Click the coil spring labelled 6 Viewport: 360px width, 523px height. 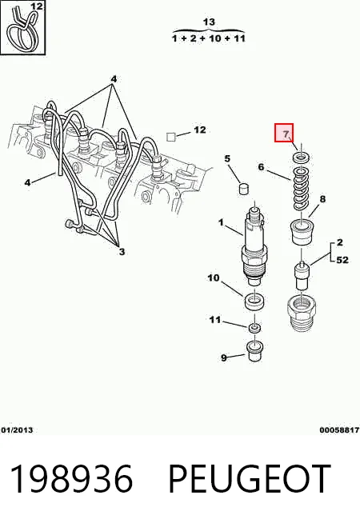[x=302, y=188]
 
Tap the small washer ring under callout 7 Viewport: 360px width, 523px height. [x=302, y=157]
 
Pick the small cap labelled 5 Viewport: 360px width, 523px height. [x=245, y=189]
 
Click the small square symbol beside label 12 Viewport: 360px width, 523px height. [x=171, y=137]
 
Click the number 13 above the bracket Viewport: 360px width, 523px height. [x=209, y=22]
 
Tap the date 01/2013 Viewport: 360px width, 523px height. [x=18, y=430]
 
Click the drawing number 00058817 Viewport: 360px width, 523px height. [x=339, y=430]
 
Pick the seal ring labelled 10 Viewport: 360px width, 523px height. [x=254, y=301]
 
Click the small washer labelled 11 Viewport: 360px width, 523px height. [x=255, y=328]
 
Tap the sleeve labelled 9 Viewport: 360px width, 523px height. [x=254, y=351]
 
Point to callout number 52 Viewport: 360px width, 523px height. [x=342, y=259]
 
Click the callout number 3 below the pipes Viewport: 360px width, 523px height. [x=122, y=252]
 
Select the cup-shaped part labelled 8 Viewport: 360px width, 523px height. [x=302, y=232]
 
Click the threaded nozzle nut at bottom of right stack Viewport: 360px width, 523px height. [x=302, y=312]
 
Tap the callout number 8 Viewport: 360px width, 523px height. [x=322, y=199]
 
